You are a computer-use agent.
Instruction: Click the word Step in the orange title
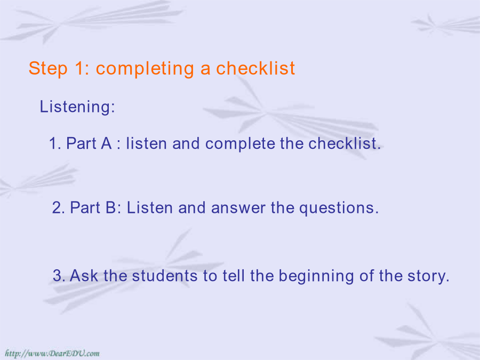click(x=48, y=69)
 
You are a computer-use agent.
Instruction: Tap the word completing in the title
click(x=145, y=69)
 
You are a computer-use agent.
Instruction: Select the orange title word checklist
click(x=255, y=68)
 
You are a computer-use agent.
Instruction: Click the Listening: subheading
click(x=77, y=107)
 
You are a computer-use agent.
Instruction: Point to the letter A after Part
click(x=106, y=143)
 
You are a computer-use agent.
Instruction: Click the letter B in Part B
click(x=111, y=207)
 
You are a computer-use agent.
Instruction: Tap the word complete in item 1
click(x=240, y=144)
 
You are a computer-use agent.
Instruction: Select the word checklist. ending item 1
click(x=345, y=143)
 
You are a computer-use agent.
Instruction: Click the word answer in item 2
click(x=238, y=208)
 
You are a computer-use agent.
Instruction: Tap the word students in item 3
click(x=165, y=276)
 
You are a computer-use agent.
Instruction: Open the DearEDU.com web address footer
click(x=52, y=354)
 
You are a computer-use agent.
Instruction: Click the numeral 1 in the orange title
click(x=79, y=68)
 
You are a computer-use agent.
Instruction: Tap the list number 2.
click(x=57, y=207)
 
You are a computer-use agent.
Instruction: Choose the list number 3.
click(x=57, y=276)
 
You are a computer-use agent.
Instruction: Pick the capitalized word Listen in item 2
click(x=150, y=207)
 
